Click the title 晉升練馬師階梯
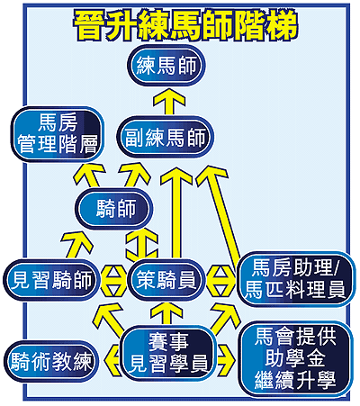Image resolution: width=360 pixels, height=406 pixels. (185, 25)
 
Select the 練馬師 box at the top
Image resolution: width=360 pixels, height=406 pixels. (166, 65)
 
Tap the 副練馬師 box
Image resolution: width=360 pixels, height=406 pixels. (166, 137)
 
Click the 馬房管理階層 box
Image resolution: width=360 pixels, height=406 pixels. (58, 134)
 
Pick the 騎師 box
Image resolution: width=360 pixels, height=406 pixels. (113, 209)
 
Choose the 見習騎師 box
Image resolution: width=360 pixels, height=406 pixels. (50, 280)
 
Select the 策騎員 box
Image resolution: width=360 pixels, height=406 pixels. (166, 280)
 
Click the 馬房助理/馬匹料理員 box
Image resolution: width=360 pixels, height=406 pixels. (295, 279)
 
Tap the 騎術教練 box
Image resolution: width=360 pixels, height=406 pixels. (50, 361)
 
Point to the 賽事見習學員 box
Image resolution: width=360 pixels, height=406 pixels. (168, 353)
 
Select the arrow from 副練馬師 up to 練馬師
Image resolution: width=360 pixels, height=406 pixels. (169, 102)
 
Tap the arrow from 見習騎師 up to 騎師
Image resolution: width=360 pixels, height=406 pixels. (76, 245)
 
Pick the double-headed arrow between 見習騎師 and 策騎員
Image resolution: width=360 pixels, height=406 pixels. (113, 280)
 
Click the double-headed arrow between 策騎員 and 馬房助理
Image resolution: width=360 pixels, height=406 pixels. (221, 280)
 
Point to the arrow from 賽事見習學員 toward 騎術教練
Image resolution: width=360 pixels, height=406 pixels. (112, 361)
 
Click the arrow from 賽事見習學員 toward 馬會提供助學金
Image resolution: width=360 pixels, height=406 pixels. (226, 361)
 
